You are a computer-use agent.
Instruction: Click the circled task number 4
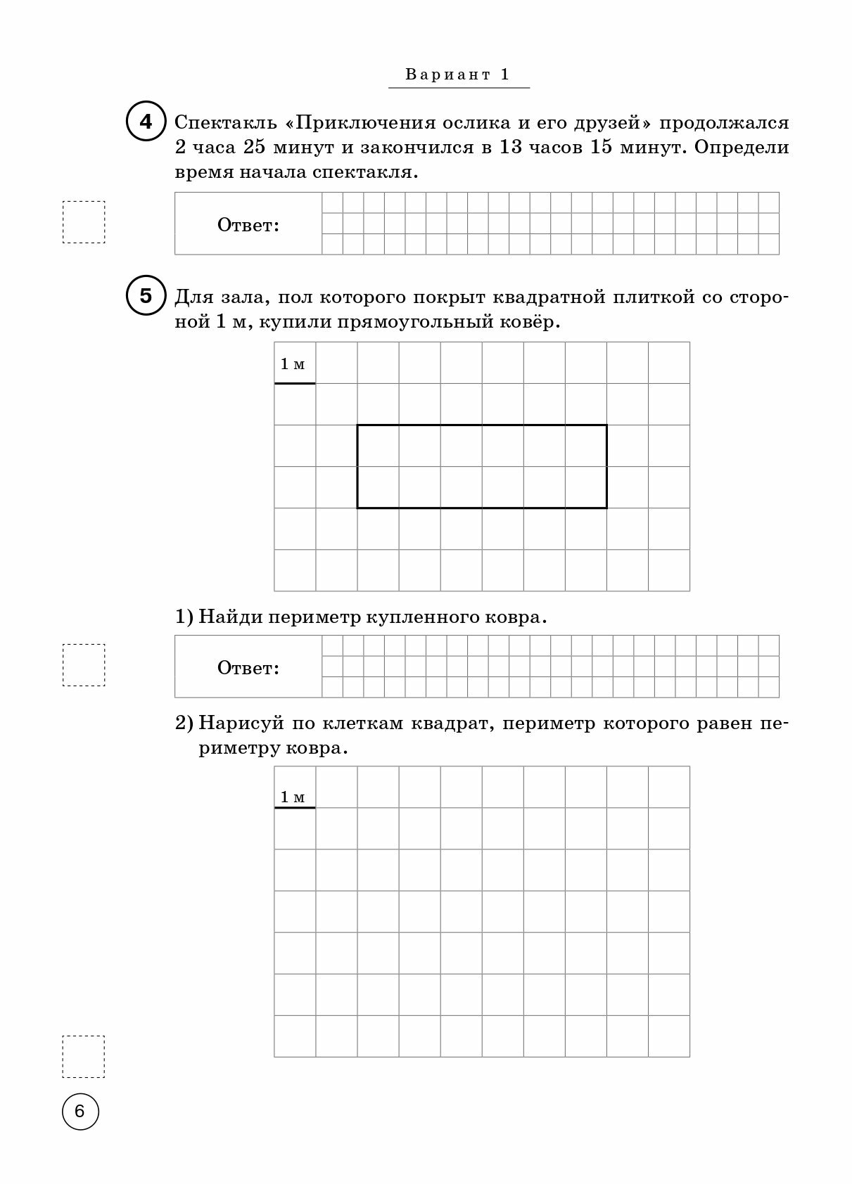click(145, 122)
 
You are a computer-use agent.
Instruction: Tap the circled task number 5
click(145, 296)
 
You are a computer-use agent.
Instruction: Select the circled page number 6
click(80, 1112)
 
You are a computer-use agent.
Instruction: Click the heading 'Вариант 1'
click(458, 75)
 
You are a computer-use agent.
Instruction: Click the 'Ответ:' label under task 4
click(248, 225)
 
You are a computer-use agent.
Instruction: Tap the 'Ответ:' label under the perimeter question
click(248, 667)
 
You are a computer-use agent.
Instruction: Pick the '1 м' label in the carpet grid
click(293, 363)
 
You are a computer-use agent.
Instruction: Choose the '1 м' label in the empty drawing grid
click(293, 797)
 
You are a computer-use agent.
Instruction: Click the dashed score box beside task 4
click(84, 222)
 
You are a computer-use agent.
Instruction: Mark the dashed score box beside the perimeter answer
click(84, 664)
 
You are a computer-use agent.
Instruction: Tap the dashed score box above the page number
click(84, 1056)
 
